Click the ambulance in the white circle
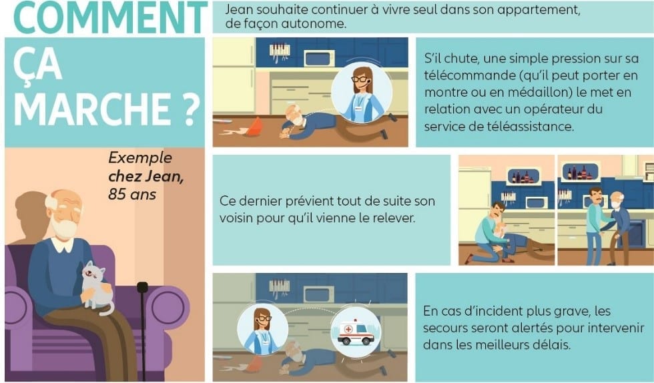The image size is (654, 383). [x=355, y=333]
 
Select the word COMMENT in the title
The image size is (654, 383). [x=110, y=17]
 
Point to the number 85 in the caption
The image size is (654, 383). [x=117, y=194]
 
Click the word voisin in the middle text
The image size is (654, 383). [x=236, y=218]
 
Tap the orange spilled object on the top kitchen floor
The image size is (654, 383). [x=254, y=127]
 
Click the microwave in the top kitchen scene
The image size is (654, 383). [x=319, y=58]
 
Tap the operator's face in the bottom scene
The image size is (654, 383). [x=262, y=321]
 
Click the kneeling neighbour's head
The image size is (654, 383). [x=497, y=210]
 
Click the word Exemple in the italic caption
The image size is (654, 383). [x=140, y=157]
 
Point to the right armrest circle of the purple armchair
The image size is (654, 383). [x=168, y=308]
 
